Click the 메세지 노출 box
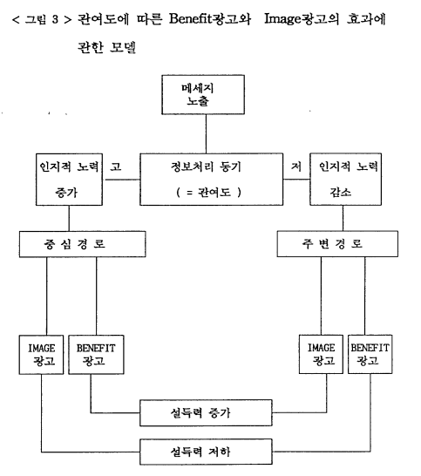tap(203, 95)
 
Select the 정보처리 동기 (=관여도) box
tap(211, 179)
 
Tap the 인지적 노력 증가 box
tap(69, 180)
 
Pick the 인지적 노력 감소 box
tap(345, 179)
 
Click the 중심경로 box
tap(82, 244)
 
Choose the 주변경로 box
tap(337, 244)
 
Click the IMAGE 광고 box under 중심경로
tap(41, 355)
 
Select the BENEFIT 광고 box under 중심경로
tap(96, 355)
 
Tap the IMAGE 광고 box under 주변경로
tap(321, 354)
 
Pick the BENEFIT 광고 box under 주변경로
tap(370, 354)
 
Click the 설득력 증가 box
tap(206, 413)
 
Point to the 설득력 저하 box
tap(206, 452)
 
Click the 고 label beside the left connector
tap(116, 167)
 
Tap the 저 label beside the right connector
tap(296, 166)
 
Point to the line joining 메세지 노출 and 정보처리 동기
tap(206, 134)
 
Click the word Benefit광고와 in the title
tap(210, 19)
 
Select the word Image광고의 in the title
tap(302, 19)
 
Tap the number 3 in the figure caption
tap(55, 19)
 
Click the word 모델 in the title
tap(123, 47)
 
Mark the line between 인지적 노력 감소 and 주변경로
tap(343, 218)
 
